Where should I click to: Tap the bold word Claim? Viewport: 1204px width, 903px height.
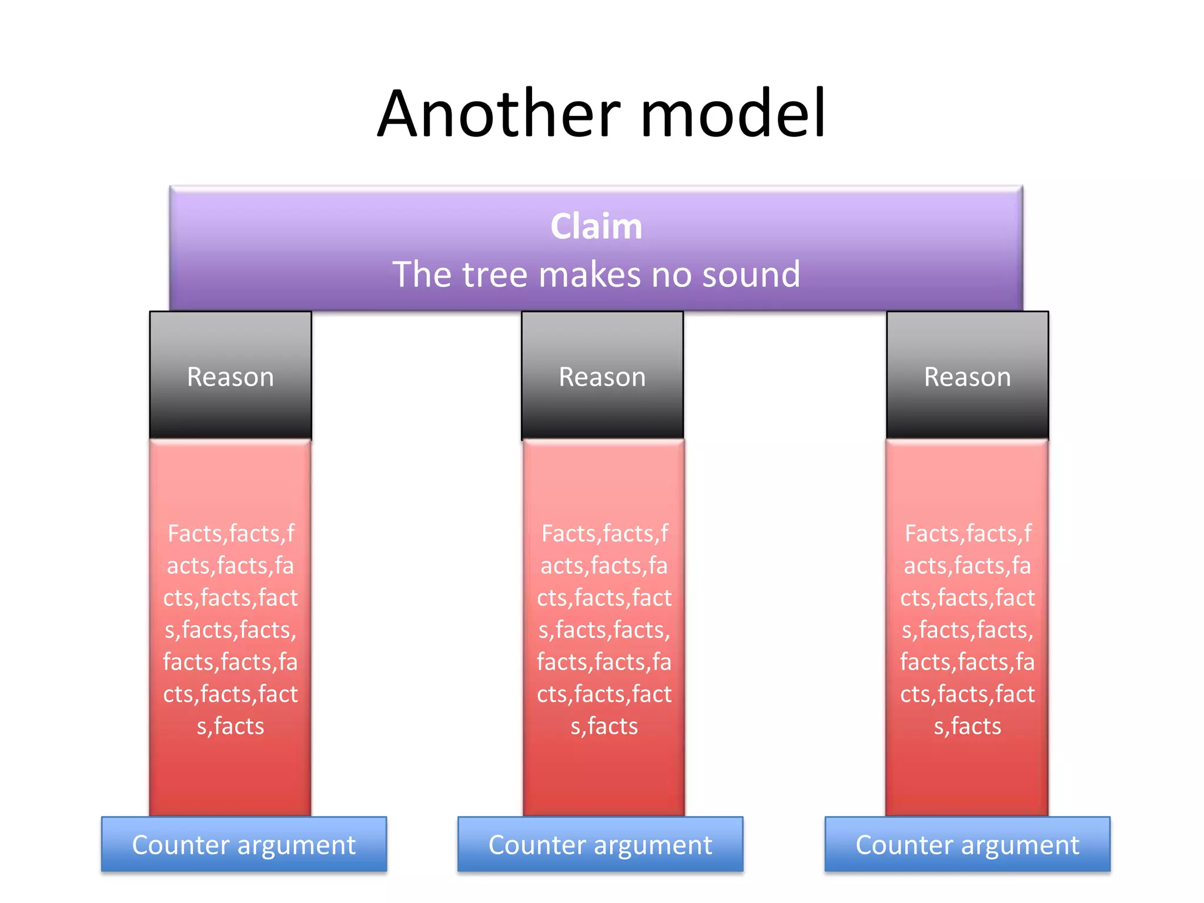point(596,226)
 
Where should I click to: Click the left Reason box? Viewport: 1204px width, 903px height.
point(230,376)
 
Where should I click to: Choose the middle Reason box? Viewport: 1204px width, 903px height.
point(602,376)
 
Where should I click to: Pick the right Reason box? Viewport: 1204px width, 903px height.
point(967,376)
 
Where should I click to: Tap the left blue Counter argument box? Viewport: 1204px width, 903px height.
point(243,844)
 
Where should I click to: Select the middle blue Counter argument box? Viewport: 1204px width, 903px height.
point(600,844)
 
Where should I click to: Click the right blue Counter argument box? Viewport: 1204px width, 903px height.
point(967,844)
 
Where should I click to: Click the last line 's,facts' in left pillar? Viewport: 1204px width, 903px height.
point(230,727)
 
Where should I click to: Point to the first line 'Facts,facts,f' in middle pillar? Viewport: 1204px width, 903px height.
point(604,534)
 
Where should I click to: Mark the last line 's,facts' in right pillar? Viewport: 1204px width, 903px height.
point(967,727)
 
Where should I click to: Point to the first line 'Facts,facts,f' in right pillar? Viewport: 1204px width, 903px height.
point(967,534)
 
